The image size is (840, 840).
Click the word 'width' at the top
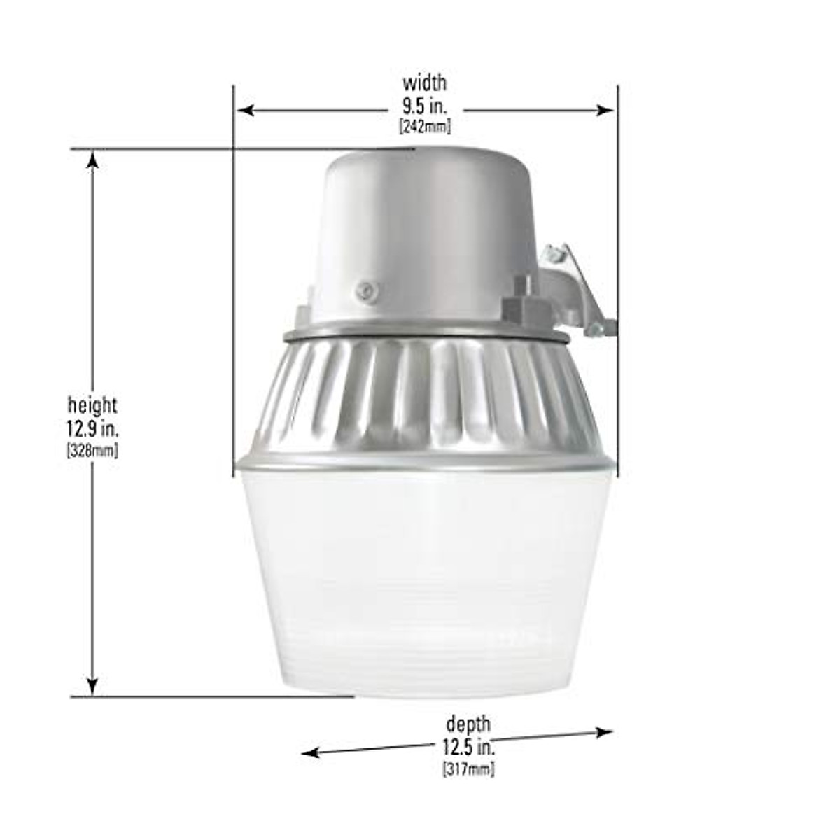(424, 83)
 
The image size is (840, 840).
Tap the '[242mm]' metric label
(424, 127)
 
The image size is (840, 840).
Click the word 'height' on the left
(92, 405)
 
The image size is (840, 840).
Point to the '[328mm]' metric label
(92, 451)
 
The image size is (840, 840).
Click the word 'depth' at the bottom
(468, 724)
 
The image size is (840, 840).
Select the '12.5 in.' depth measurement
(468, 746)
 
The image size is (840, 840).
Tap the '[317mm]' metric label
(468, 769)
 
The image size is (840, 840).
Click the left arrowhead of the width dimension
(244, 110)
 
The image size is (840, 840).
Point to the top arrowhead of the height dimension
(92, 160)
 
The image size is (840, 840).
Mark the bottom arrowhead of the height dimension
(92, 686)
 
